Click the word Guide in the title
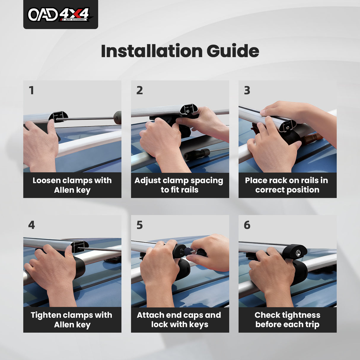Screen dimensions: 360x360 233,51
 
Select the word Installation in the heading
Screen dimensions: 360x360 152,51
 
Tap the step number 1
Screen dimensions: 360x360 31,90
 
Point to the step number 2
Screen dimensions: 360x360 140,90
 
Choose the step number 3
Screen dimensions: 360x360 247,90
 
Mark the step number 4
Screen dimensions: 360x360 31,225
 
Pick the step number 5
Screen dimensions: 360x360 140,225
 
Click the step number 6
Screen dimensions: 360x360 247,225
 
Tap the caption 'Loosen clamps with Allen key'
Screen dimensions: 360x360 72,185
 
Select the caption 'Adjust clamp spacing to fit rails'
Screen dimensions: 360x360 179,185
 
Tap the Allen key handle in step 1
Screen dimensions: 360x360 118,117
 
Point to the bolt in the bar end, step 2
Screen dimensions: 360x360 188,111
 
